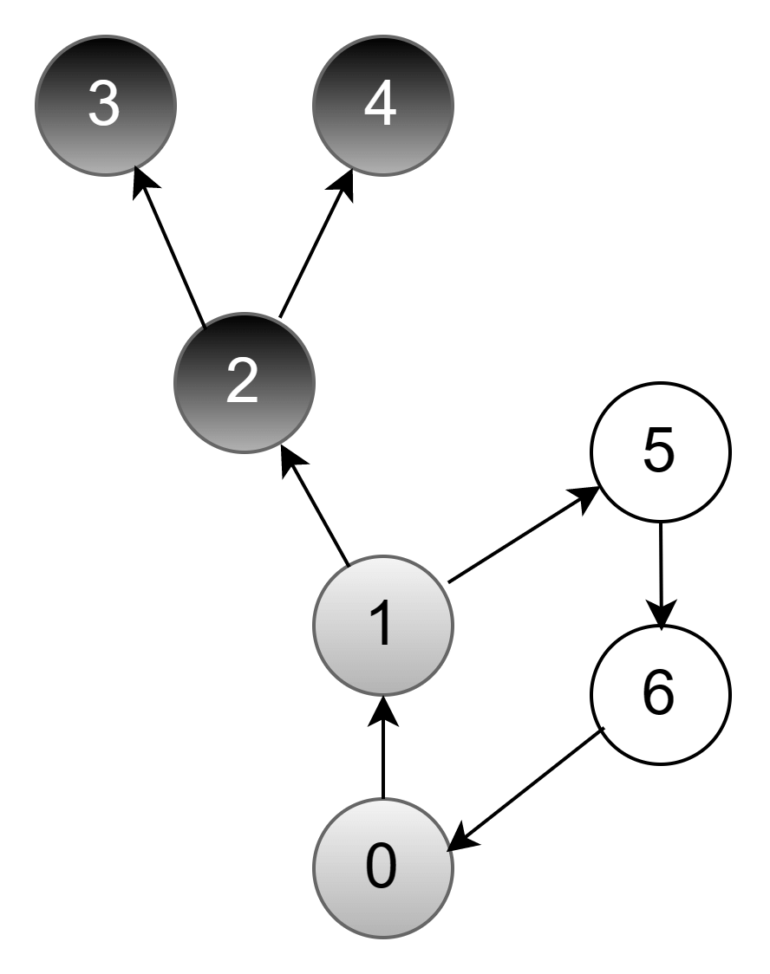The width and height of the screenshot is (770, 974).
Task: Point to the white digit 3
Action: coord(104,104)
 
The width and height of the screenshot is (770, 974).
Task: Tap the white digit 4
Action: coord(381,104)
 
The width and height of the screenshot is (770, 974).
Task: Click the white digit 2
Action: coord(242,381)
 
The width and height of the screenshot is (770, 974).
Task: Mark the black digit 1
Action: coord(381,624)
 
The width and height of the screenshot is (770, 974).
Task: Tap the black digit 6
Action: coord(658,693)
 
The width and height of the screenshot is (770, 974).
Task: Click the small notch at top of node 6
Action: coord(662,628)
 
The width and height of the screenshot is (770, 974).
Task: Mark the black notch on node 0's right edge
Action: coord(449,847)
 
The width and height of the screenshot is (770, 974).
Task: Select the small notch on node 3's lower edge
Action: coord(135,168)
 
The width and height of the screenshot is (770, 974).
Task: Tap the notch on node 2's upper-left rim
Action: coord(204,326)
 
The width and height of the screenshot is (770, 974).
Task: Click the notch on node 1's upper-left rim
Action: coord(347,565)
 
